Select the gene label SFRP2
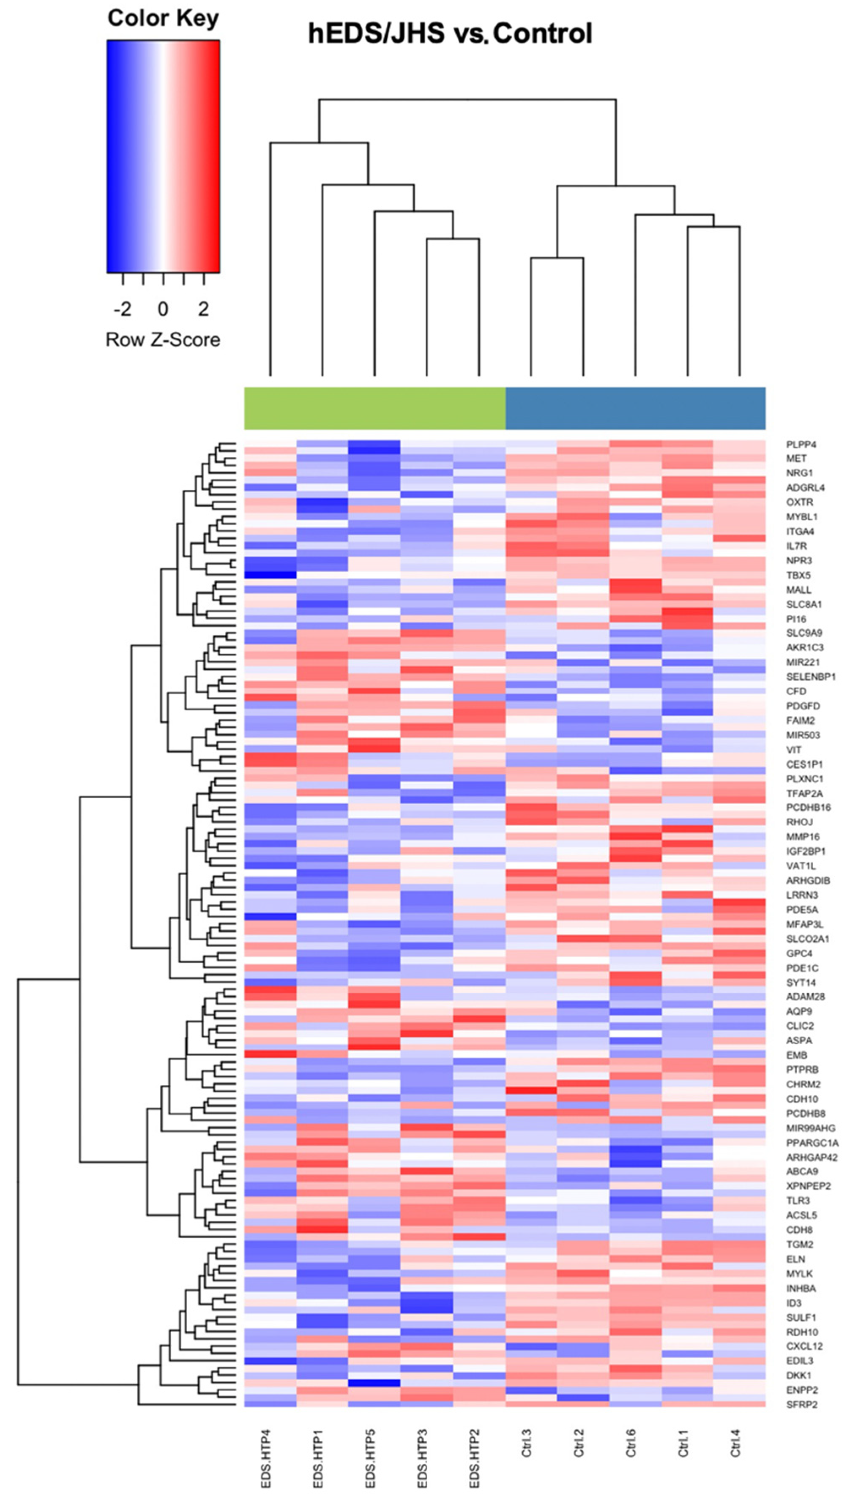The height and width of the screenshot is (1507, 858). (801, 1404)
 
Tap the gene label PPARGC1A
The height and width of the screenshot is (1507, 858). (812, 1143)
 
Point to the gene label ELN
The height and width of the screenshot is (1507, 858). (795, 1259)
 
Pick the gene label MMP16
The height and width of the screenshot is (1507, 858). (803, 837)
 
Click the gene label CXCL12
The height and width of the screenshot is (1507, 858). (804, 1346)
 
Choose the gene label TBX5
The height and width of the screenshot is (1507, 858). (798, 575)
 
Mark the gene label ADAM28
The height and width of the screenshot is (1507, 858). (806, 997)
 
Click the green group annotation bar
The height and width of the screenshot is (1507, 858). (375, 408)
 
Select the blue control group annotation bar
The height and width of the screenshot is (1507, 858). (635, 408)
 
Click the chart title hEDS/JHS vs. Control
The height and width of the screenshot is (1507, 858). (450, 33)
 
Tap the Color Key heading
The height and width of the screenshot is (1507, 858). (163, 18)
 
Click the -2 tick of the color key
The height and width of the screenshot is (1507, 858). (123, 308)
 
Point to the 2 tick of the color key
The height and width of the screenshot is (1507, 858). (203, 308)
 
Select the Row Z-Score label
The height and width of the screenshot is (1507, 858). (163, 339)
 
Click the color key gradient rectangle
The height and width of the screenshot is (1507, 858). (163, 156)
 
